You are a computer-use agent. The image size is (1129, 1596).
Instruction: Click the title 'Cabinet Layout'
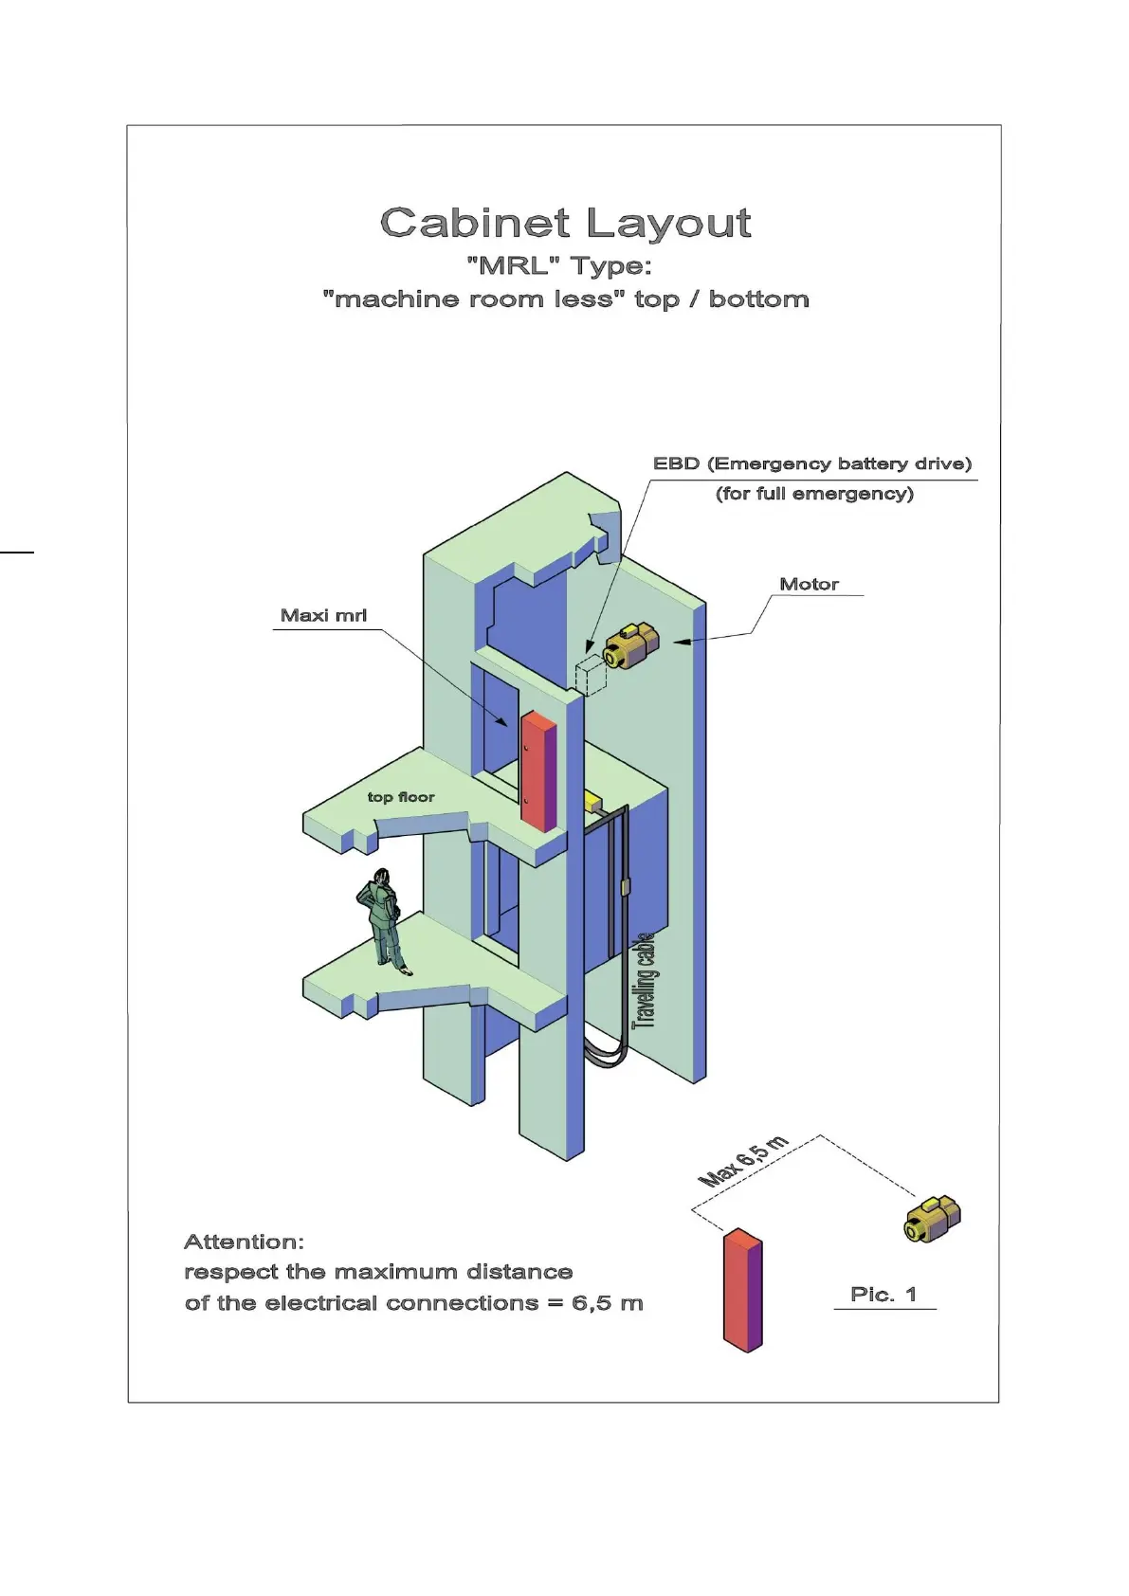(565, 224)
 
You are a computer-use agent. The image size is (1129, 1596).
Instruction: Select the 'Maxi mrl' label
(323, 615)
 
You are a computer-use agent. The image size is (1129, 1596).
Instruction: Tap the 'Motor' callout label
(809, 584)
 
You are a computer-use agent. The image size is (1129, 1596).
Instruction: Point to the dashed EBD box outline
(591, 674)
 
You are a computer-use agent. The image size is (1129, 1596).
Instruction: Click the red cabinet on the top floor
(537, 771)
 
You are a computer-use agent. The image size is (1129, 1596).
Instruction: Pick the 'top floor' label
(401, 797)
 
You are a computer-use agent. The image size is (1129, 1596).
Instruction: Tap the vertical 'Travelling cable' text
(645, 980)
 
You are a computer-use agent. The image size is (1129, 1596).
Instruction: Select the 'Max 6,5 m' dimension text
(743, 1161)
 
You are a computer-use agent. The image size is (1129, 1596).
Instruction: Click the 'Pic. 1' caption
(883, 1294)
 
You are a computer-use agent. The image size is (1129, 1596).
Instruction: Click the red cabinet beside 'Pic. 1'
(742, 1290)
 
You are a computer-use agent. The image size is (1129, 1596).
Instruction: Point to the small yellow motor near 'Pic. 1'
(933, 1218)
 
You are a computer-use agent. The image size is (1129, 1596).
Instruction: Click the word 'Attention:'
(244, 1242)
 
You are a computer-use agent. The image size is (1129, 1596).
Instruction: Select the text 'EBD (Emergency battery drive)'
(812, 463)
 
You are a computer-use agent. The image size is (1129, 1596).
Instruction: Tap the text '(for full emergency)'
(814, 493)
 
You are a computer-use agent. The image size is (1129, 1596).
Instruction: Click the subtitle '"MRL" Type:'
(559, 266)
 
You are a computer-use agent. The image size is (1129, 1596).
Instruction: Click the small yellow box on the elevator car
(592, 802)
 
